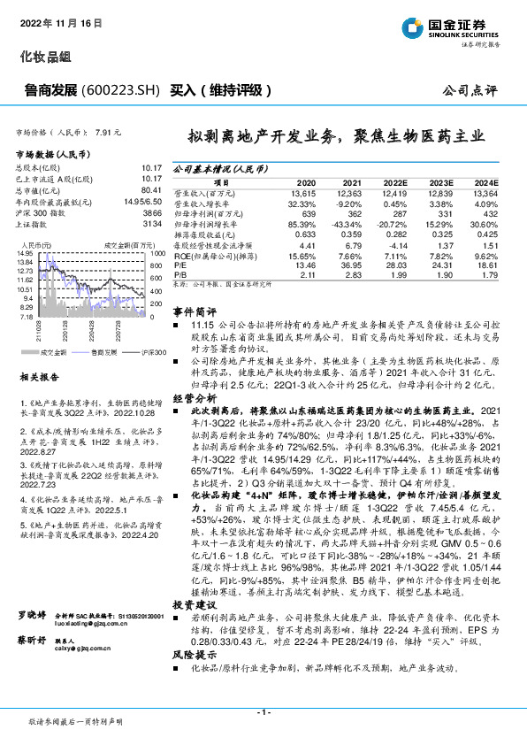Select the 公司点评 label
coord(481,90)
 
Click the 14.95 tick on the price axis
coord(25,253)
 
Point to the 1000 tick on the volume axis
coord(157,253)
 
